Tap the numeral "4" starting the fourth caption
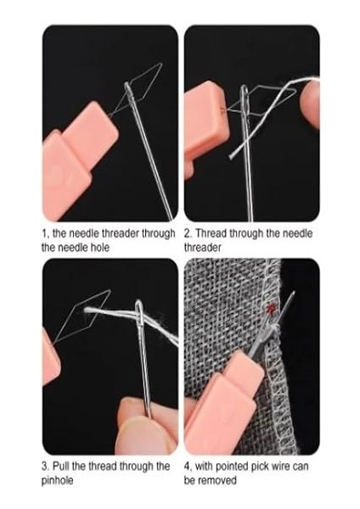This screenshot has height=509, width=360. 188,466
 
